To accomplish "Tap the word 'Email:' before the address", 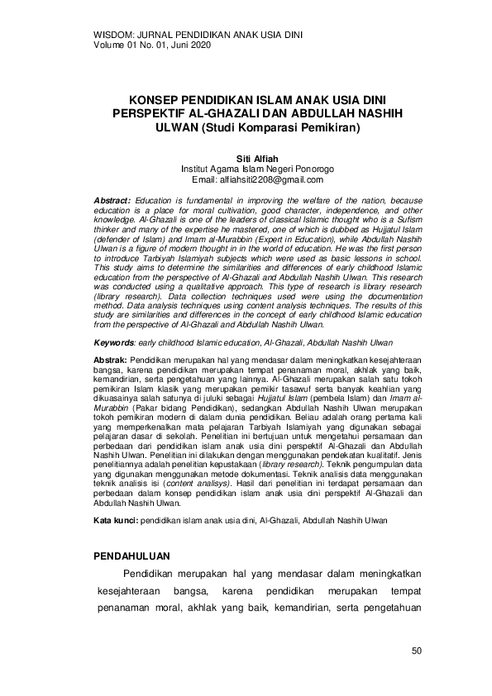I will point(204,179).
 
